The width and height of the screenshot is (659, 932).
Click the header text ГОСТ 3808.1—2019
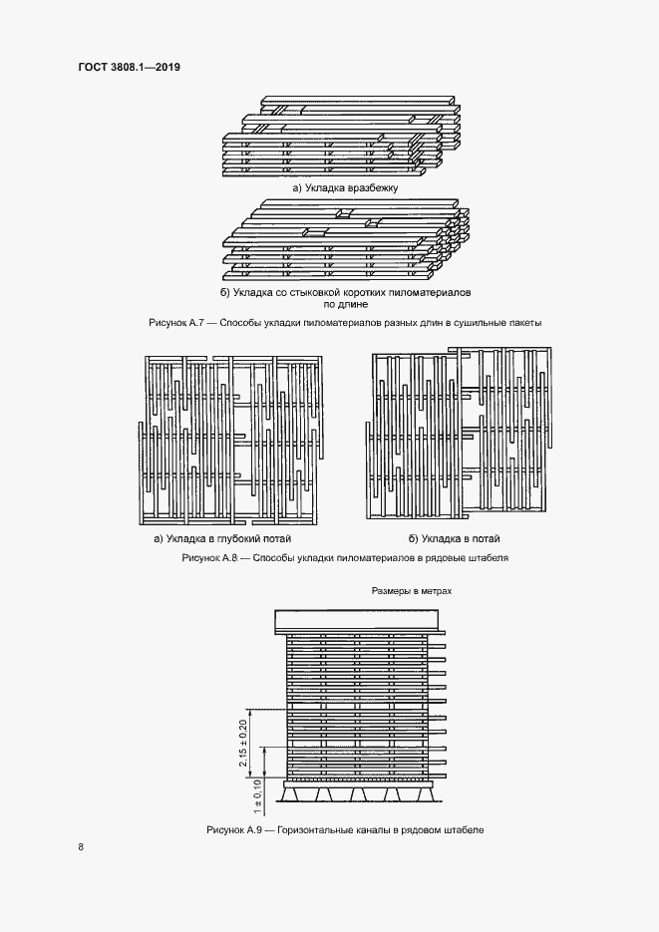coord(123,68)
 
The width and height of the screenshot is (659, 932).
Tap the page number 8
coord(82,847)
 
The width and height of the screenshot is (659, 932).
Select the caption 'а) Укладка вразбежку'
coord(344,187)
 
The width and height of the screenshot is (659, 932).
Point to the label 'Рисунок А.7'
coord(177,323)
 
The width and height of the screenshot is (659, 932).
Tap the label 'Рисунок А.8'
coord(212,558)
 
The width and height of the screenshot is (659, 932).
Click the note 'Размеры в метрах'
coord(412,591)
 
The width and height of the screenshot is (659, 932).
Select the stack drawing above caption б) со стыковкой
coord(344,241)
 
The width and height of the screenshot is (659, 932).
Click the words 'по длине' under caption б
coord(344,305)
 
